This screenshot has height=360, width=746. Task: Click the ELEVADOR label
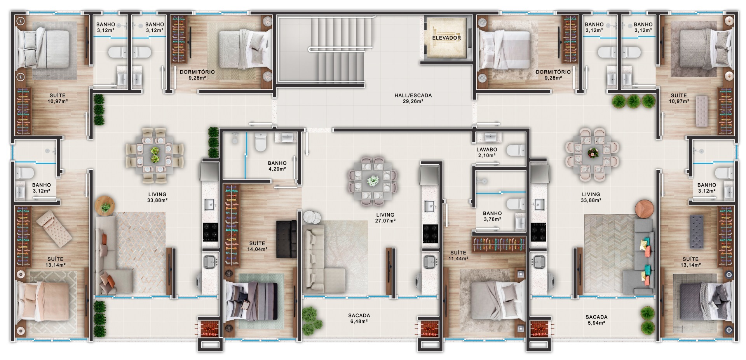tap(446, 38)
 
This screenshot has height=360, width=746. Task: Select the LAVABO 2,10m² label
tap(486, 152)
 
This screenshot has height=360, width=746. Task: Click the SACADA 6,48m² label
tap(359, 318)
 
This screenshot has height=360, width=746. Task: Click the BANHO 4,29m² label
tap(277, 166)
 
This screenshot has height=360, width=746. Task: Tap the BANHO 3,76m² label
tap(492, 216)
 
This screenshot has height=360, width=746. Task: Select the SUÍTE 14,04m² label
tap(257, 246)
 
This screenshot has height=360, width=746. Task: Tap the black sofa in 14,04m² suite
tap(286, 239)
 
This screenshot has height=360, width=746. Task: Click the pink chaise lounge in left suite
tap(54, 228)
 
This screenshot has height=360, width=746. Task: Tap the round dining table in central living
tap(373, 181)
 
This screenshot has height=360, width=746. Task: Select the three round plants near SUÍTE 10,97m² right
tap(633, 101)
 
